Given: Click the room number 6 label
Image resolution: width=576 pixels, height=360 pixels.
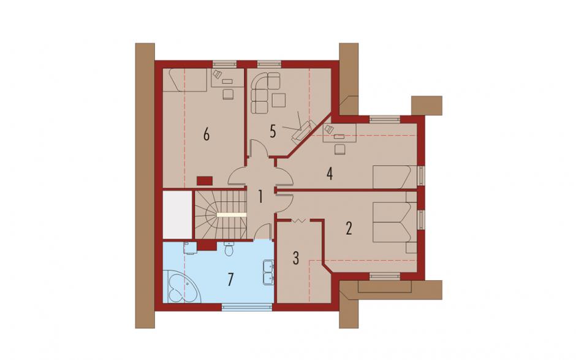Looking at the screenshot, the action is (207, 135).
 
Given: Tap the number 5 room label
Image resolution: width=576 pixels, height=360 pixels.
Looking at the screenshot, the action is (273, 131).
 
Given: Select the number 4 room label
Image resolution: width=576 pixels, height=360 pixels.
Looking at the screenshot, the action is (330, 174).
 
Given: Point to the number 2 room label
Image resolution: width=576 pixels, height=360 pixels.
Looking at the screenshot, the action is (349, 228).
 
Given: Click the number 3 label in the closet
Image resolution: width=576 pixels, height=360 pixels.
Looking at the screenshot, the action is (296, 258).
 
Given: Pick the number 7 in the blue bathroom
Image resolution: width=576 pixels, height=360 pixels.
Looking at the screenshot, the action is (230, 280).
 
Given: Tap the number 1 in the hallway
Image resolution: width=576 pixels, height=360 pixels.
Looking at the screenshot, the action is (260, 197).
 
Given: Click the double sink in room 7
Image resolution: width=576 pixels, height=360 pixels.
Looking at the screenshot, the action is (268, 272).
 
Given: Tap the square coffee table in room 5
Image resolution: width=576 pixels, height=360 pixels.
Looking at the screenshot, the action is (279, 101).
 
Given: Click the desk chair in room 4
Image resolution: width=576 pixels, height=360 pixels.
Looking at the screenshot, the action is (340, 149).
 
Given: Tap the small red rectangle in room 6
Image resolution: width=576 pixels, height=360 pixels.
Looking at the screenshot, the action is (205, 180).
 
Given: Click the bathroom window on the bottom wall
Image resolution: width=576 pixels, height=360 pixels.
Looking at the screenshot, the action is (247, 307).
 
